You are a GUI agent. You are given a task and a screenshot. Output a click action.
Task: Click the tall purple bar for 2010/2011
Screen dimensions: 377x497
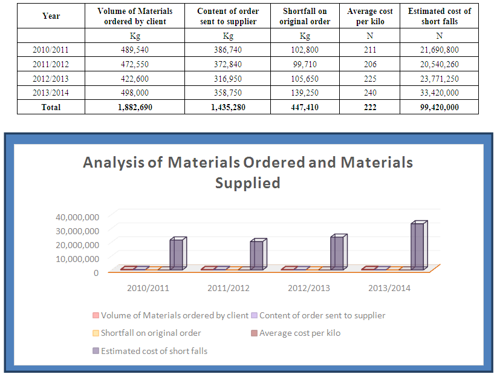[x=177, y=254]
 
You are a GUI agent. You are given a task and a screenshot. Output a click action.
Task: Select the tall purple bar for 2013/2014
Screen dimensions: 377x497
[x=418, y=246]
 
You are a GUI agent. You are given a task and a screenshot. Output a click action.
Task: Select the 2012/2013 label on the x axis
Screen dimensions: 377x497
[x=309, y=288]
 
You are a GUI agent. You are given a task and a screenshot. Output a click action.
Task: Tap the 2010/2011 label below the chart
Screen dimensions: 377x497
[x=148, y=288]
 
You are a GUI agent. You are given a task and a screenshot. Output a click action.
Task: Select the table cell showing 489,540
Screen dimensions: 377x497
[x=135, y=49]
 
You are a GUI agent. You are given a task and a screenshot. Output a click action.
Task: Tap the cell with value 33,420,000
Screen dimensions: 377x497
[x=439, y=93]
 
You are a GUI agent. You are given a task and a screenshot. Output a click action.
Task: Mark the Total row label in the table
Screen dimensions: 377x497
[x=51, y=107]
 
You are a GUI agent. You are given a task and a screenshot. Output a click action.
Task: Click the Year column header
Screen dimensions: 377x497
[x=51, y=16]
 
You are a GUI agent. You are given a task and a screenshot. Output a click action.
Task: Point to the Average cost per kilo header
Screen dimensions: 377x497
[x=369, y=16]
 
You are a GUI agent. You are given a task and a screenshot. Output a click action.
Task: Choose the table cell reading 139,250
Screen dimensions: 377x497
[x=305, y=93]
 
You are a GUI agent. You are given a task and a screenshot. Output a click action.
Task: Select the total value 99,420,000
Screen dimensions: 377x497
[x=439, y=107]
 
